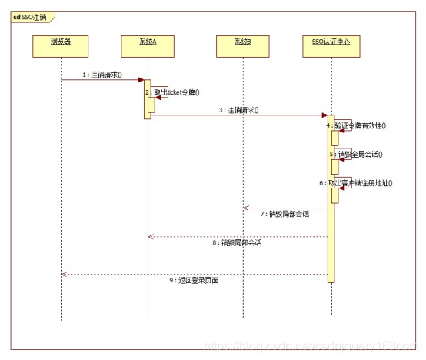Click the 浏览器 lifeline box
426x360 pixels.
point(60,42)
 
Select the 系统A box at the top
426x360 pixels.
point(148,42)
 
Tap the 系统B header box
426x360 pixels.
point(243,42)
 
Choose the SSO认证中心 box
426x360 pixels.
point(331,42)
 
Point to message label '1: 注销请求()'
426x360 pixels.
point(105,75)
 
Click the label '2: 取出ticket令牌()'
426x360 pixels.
point(176,92)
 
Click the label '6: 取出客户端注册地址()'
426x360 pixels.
point(361,183)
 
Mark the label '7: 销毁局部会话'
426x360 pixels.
point(284,214)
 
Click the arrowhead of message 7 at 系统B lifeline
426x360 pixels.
point(245,208)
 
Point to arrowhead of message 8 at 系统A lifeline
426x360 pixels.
point(151,236)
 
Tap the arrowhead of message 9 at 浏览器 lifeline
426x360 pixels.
point(63,274)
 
